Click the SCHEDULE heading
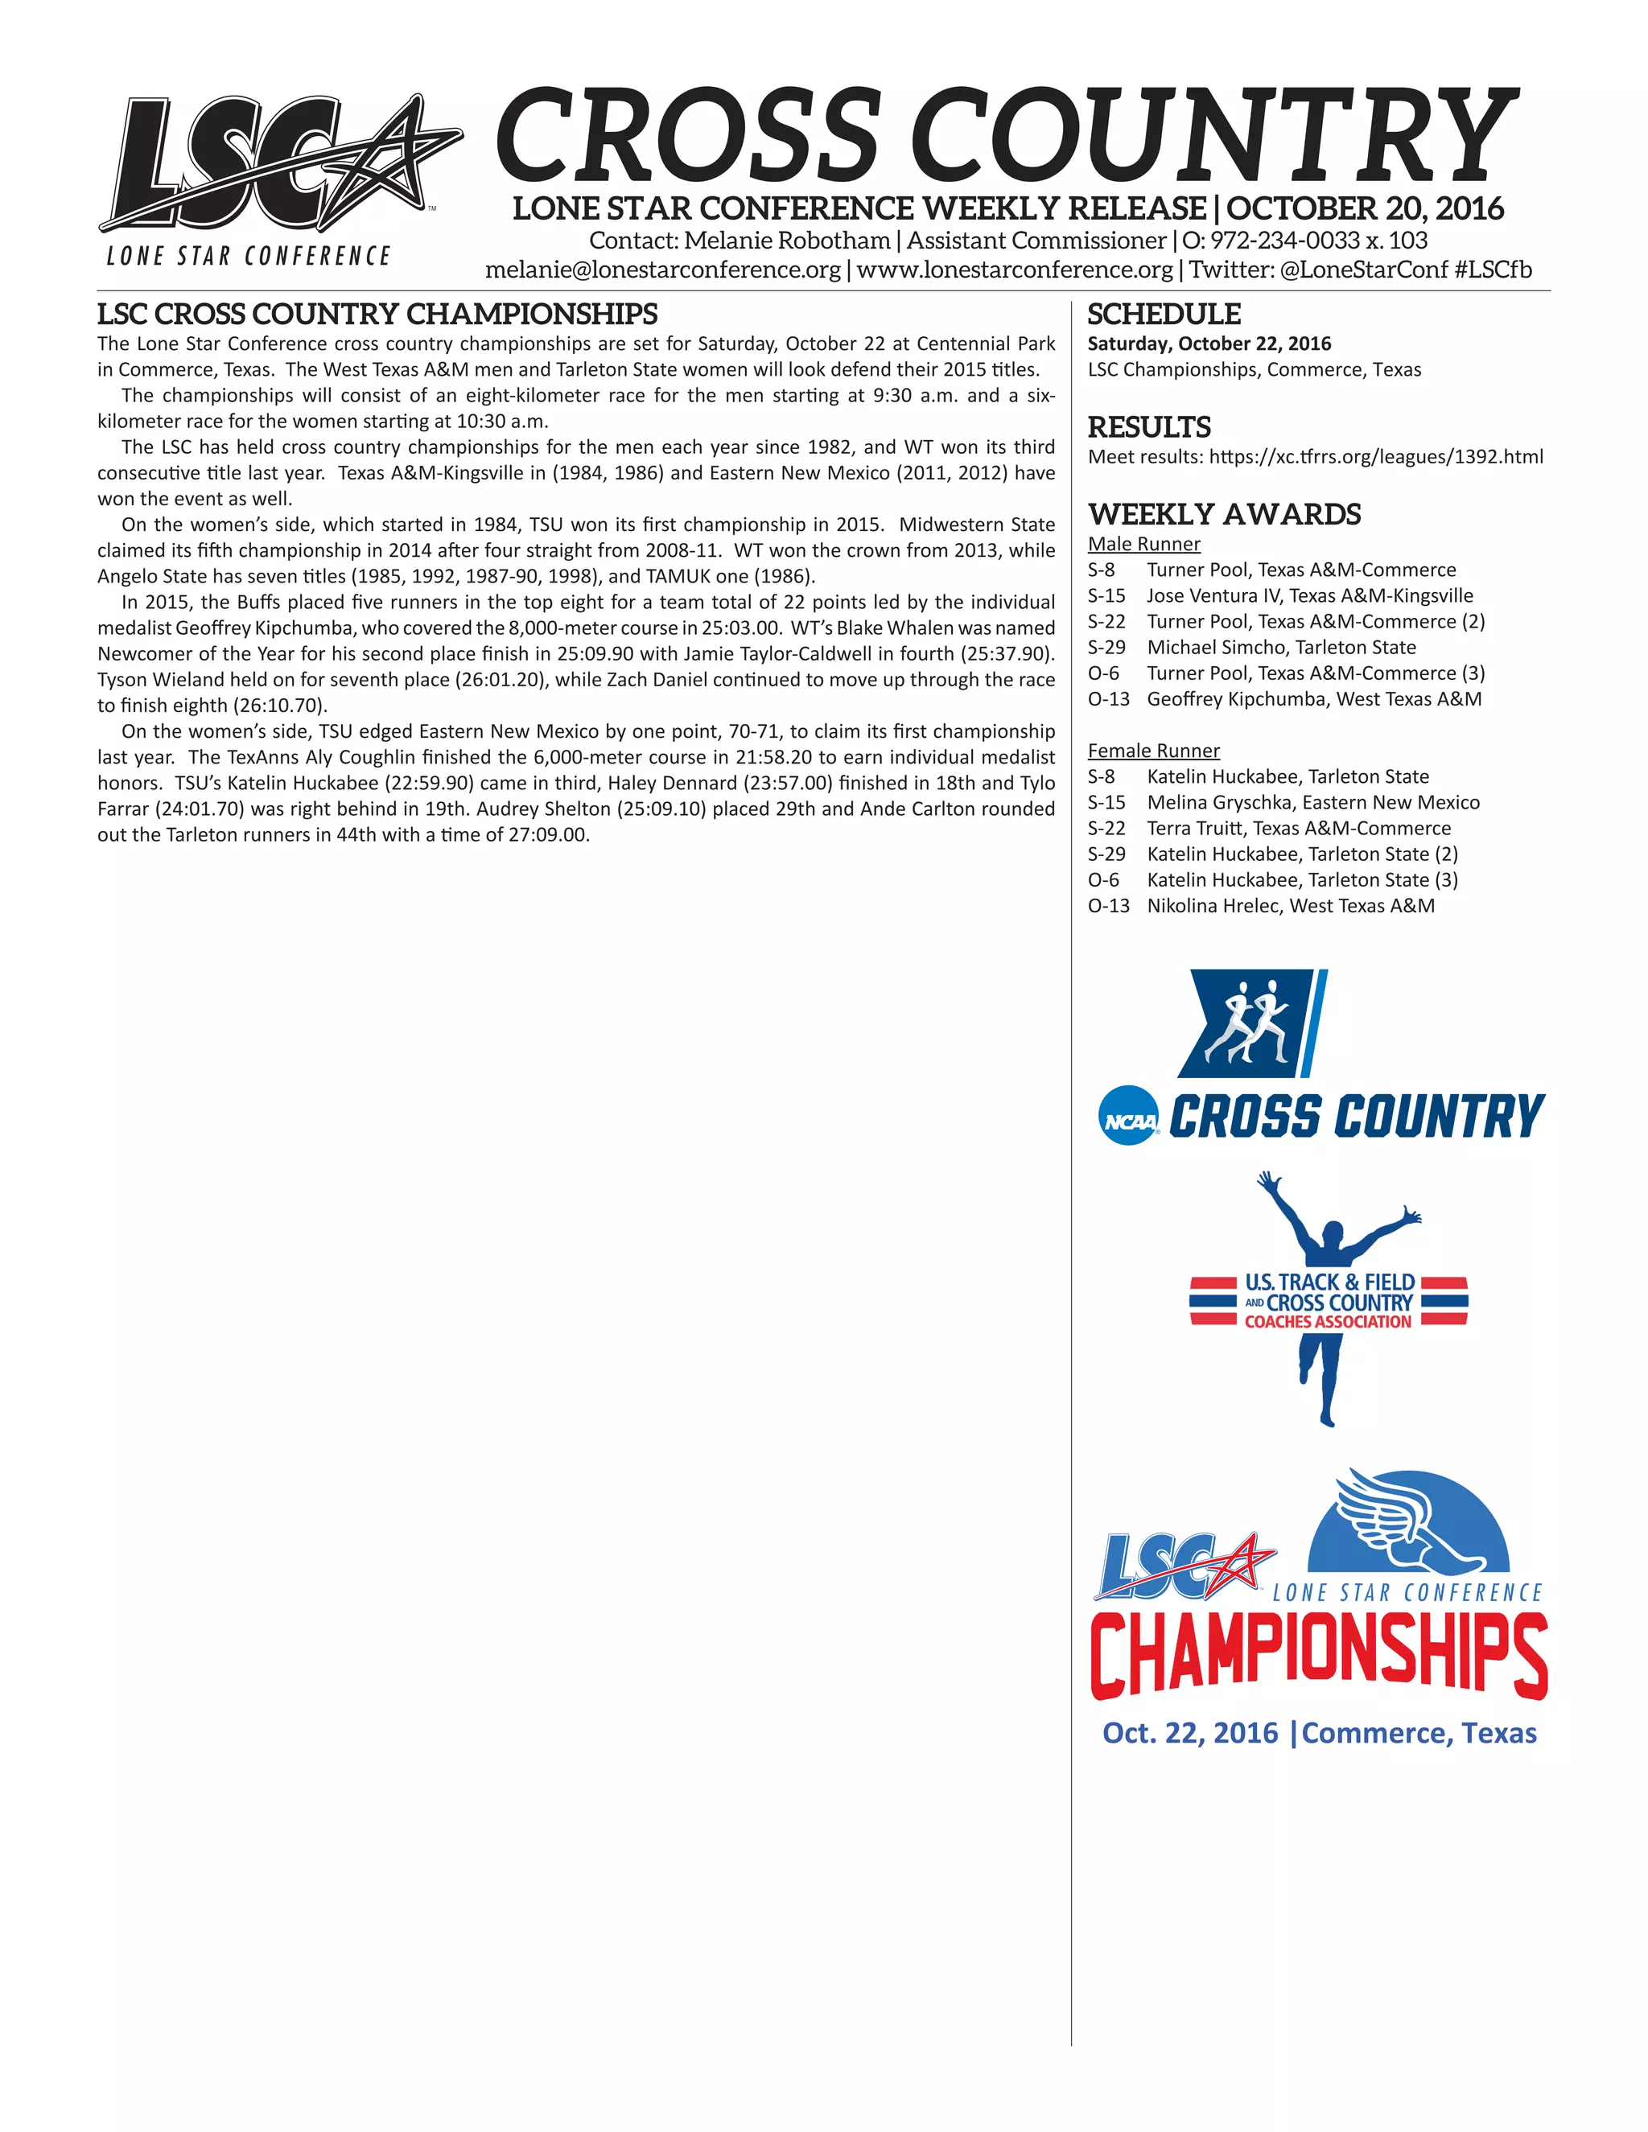[x=1164, y=315]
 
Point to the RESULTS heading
[x=1149, y=426]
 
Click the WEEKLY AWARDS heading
[x=1224, y=513]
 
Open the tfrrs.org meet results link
[x=1375, y=456]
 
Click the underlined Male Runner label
[x=1143, y=544]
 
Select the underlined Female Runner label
[x=1153, y=751]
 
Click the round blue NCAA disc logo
[x=1129, y=1116]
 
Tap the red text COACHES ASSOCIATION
[x=1328, y=1322]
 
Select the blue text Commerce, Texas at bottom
[x=1419, y=1733]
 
